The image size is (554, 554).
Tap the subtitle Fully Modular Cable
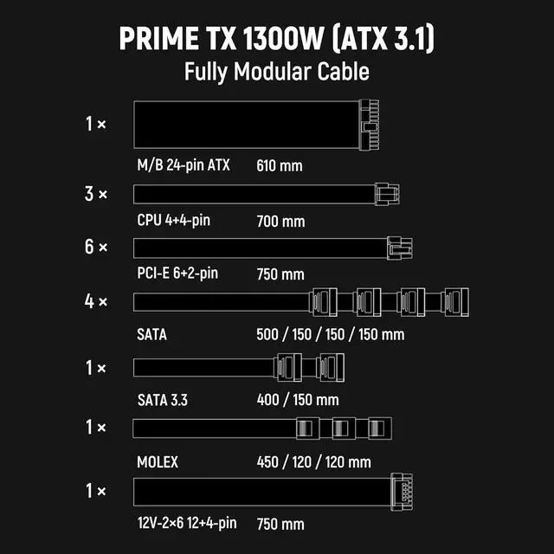276,71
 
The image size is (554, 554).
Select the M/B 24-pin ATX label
184,164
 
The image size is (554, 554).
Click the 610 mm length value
280,164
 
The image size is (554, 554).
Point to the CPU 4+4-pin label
173,220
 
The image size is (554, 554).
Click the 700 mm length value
280,221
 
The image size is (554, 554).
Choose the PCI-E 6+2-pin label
177,274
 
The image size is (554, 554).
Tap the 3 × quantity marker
96,194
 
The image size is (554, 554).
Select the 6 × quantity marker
96,248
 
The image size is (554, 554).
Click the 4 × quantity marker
96,302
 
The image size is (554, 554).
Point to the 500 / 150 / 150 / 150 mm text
330,333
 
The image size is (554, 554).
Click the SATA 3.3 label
164,400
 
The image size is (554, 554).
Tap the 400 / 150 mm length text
298,400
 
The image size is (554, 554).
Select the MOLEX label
158,462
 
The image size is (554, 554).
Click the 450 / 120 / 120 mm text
313,462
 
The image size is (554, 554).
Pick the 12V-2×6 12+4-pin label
186,524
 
